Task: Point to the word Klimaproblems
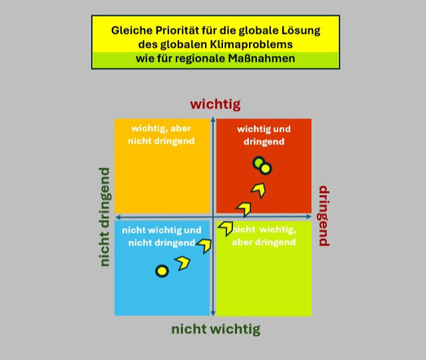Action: click(x=254, y=45)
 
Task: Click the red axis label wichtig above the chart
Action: click(x=215, y=104)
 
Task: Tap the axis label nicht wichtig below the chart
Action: click(x=216, y=329)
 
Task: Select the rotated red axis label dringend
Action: click(x=323, y=216)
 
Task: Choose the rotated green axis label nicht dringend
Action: click(x=105, y=217)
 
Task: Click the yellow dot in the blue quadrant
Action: click(x=162, y=271)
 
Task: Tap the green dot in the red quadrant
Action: click(x=258, y=163)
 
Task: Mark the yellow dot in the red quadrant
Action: click(x=266, y=168)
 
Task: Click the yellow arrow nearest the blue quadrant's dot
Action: click(x=182, y=262)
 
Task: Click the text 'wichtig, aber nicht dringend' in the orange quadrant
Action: click(x=162, y=134)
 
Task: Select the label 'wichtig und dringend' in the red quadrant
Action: click(x=264, y=134)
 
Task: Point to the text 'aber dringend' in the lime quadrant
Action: click(x=264, y=242)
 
